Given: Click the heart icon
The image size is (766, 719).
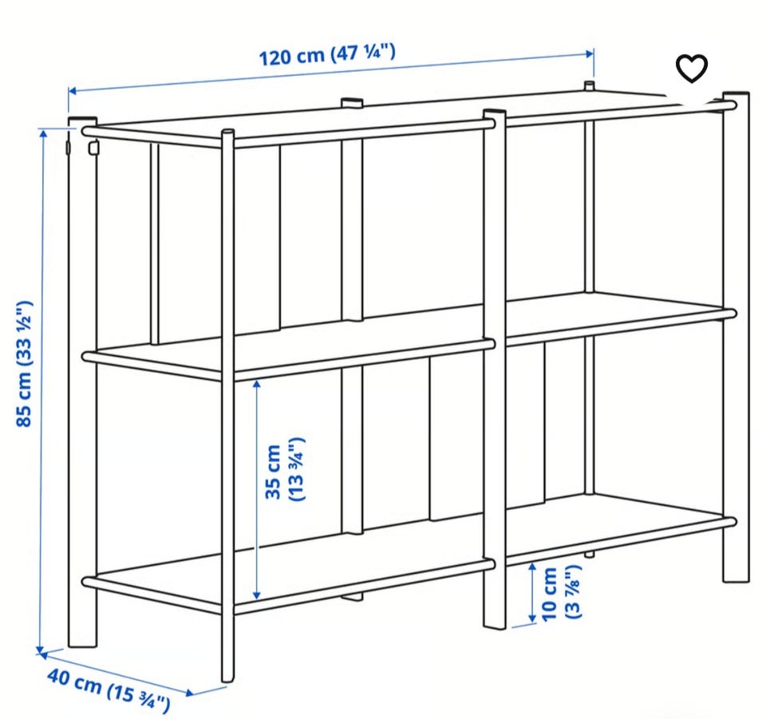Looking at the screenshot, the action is click(691, 69).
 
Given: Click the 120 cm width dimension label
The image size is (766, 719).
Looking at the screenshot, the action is click(327, 55).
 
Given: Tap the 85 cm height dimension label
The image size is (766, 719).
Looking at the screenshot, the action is click(25, 364).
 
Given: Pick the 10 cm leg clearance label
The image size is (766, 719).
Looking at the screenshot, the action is click(561, 593).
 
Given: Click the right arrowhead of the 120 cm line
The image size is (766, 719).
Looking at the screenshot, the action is click(590, 53).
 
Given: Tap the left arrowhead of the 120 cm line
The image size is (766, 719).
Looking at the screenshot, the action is click(73, 91).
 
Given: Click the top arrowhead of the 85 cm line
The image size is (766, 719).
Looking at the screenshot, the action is click(44, 132).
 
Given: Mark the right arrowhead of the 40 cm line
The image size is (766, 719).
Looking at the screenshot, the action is click(190, 692).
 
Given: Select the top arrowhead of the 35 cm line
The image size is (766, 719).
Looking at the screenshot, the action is click(256, 385).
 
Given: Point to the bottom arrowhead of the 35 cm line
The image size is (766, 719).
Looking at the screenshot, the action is click(256, 595).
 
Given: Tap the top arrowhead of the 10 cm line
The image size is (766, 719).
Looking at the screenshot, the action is click(532, 567).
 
